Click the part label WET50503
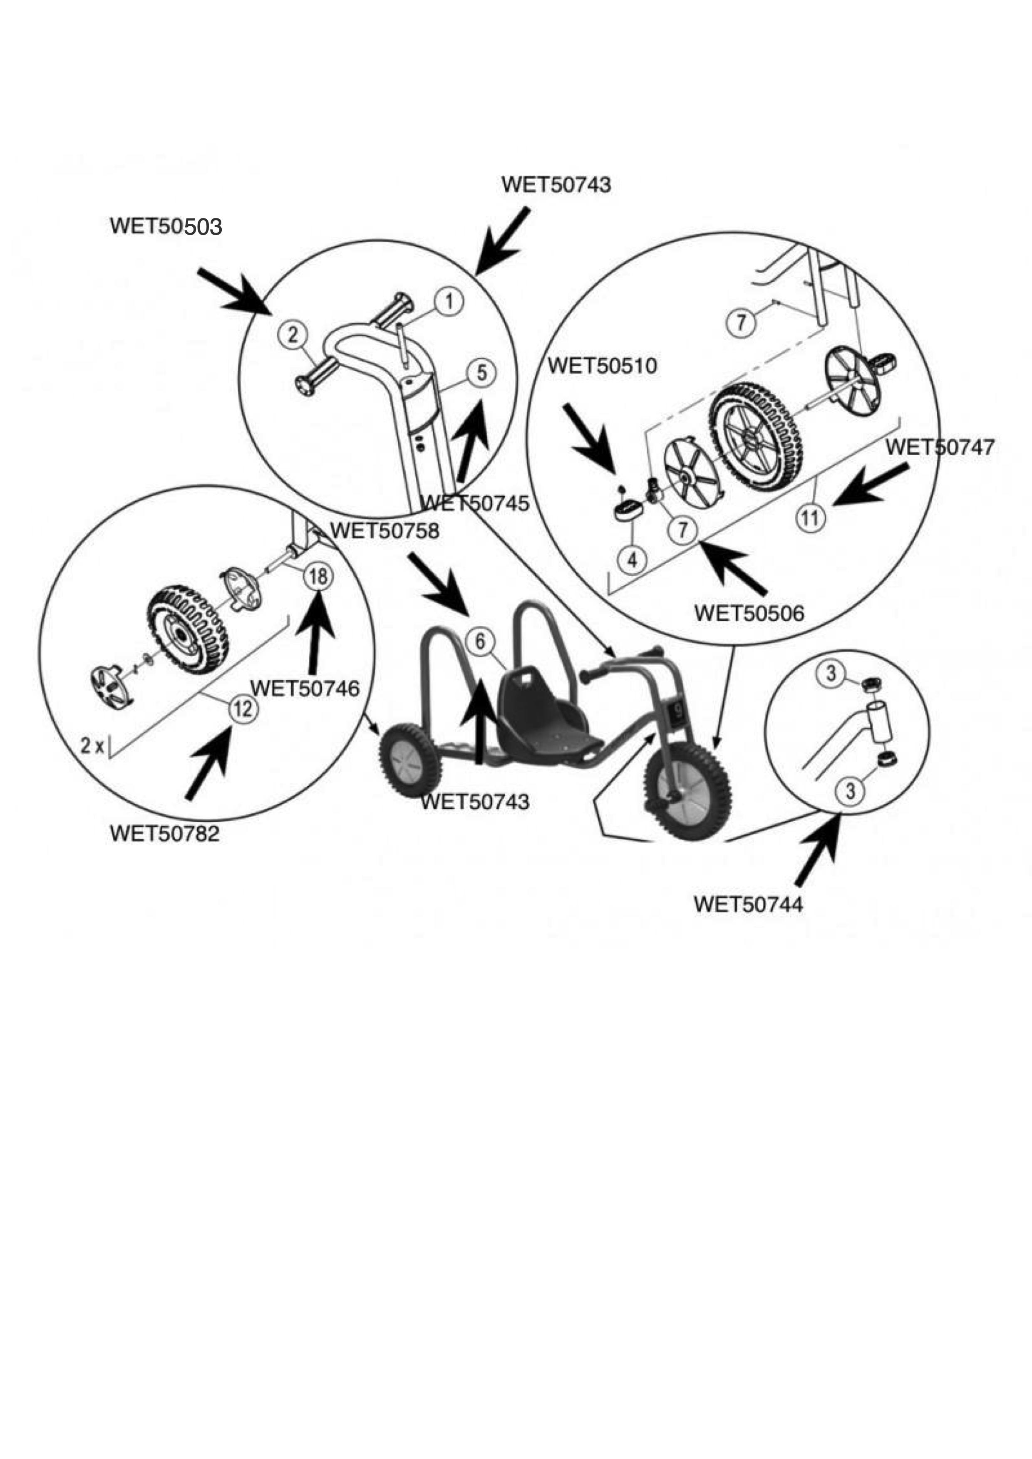(166, 226)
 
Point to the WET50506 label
(749, 613)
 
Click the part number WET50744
(748, 904)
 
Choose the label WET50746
(305, 688)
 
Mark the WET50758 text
(385, 530)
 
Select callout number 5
(482, 373)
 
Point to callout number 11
(810, 518)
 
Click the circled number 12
(243, 708)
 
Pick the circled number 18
(318, 576)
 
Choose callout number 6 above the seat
(480, 641)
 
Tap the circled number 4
(632, 560)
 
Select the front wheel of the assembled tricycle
(687, 791)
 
